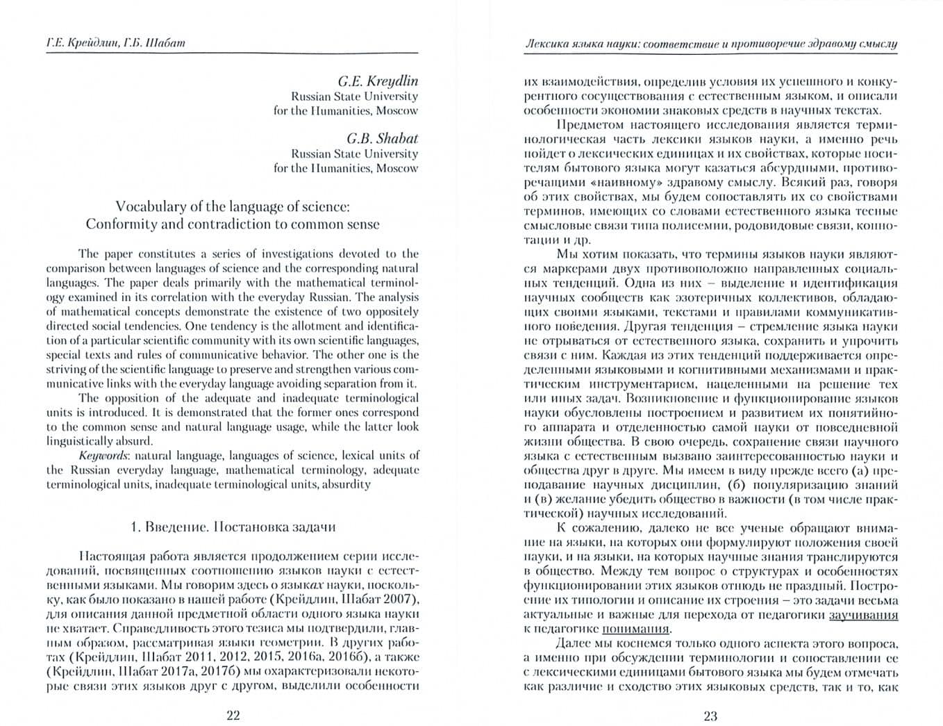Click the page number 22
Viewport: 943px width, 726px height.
point(233,716)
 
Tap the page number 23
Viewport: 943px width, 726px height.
point(710,716)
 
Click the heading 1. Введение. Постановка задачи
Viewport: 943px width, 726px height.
point(233,527)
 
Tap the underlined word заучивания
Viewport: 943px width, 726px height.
point(863,615)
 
